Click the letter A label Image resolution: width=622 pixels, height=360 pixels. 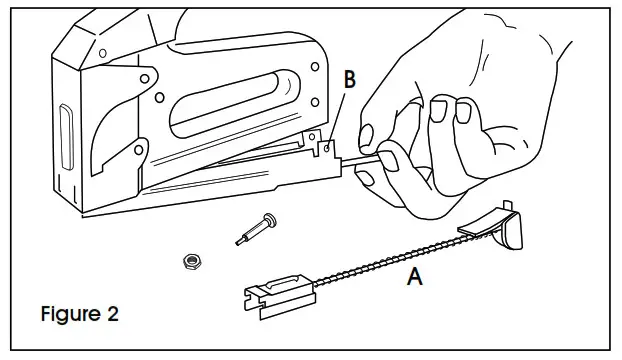pyautogui.click(x=415, y=277)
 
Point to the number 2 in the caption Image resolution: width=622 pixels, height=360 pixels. pyautogui.click(x=112, y=314)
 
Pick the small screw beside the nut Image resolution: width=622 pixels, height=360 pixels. pyautogui.click(x=256, y=229)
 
